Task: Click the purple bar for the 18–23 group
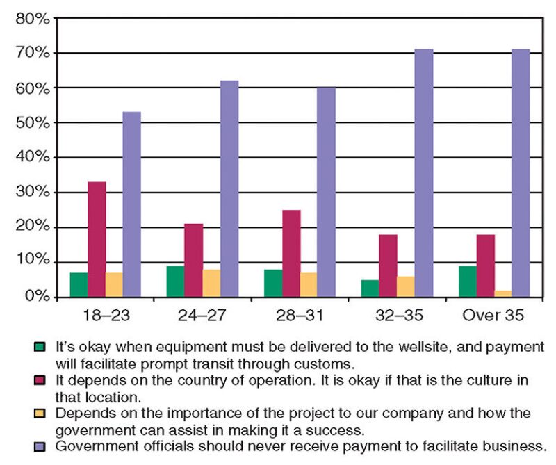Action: (x=132, y=204)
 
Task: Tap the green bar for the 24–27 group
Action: (x=176, y=281)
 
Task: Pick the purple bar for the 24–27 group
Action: (x=229, y=188)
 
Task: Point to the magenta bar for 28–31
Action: (x=291, y=253)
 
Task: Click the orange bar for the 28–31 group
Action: (x=309, y=284)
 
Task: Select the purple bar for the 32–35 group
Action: (x=424, y=173)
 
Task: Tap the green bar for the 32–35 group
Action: (x=370, y=288)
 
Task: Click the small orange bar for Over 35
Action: (x=503, y=293)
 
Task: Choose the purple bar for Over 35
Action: (x=521, y=173)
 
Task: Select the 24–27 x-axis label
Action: (x=202, y=316)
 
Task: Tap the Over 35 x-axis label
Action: (x=493, y=316)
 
